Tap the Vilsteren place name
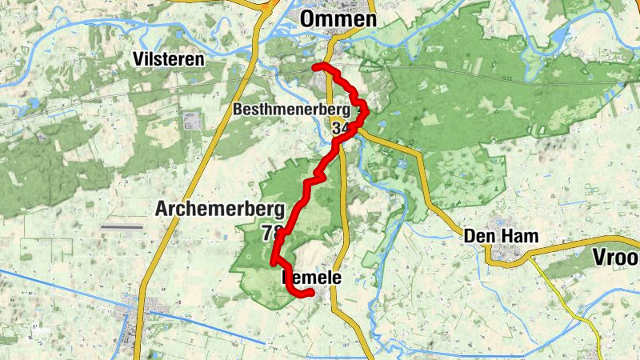(x=169, y=59)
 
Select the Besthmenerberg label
(x=292, y=109)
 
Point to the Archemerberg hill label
(x=220, y=210)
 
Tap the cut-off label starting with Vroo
(x=616, y=257)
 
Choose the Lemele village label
(x=312, y=278)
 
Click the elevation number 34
(x=339, y=128)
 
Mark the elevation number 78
(x=270, y=233)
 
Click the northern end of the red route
(x=316, y=66)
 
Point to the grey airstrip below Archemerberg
(x=122, y=227)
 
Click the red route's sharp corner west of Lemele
(x=274, y=262)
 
